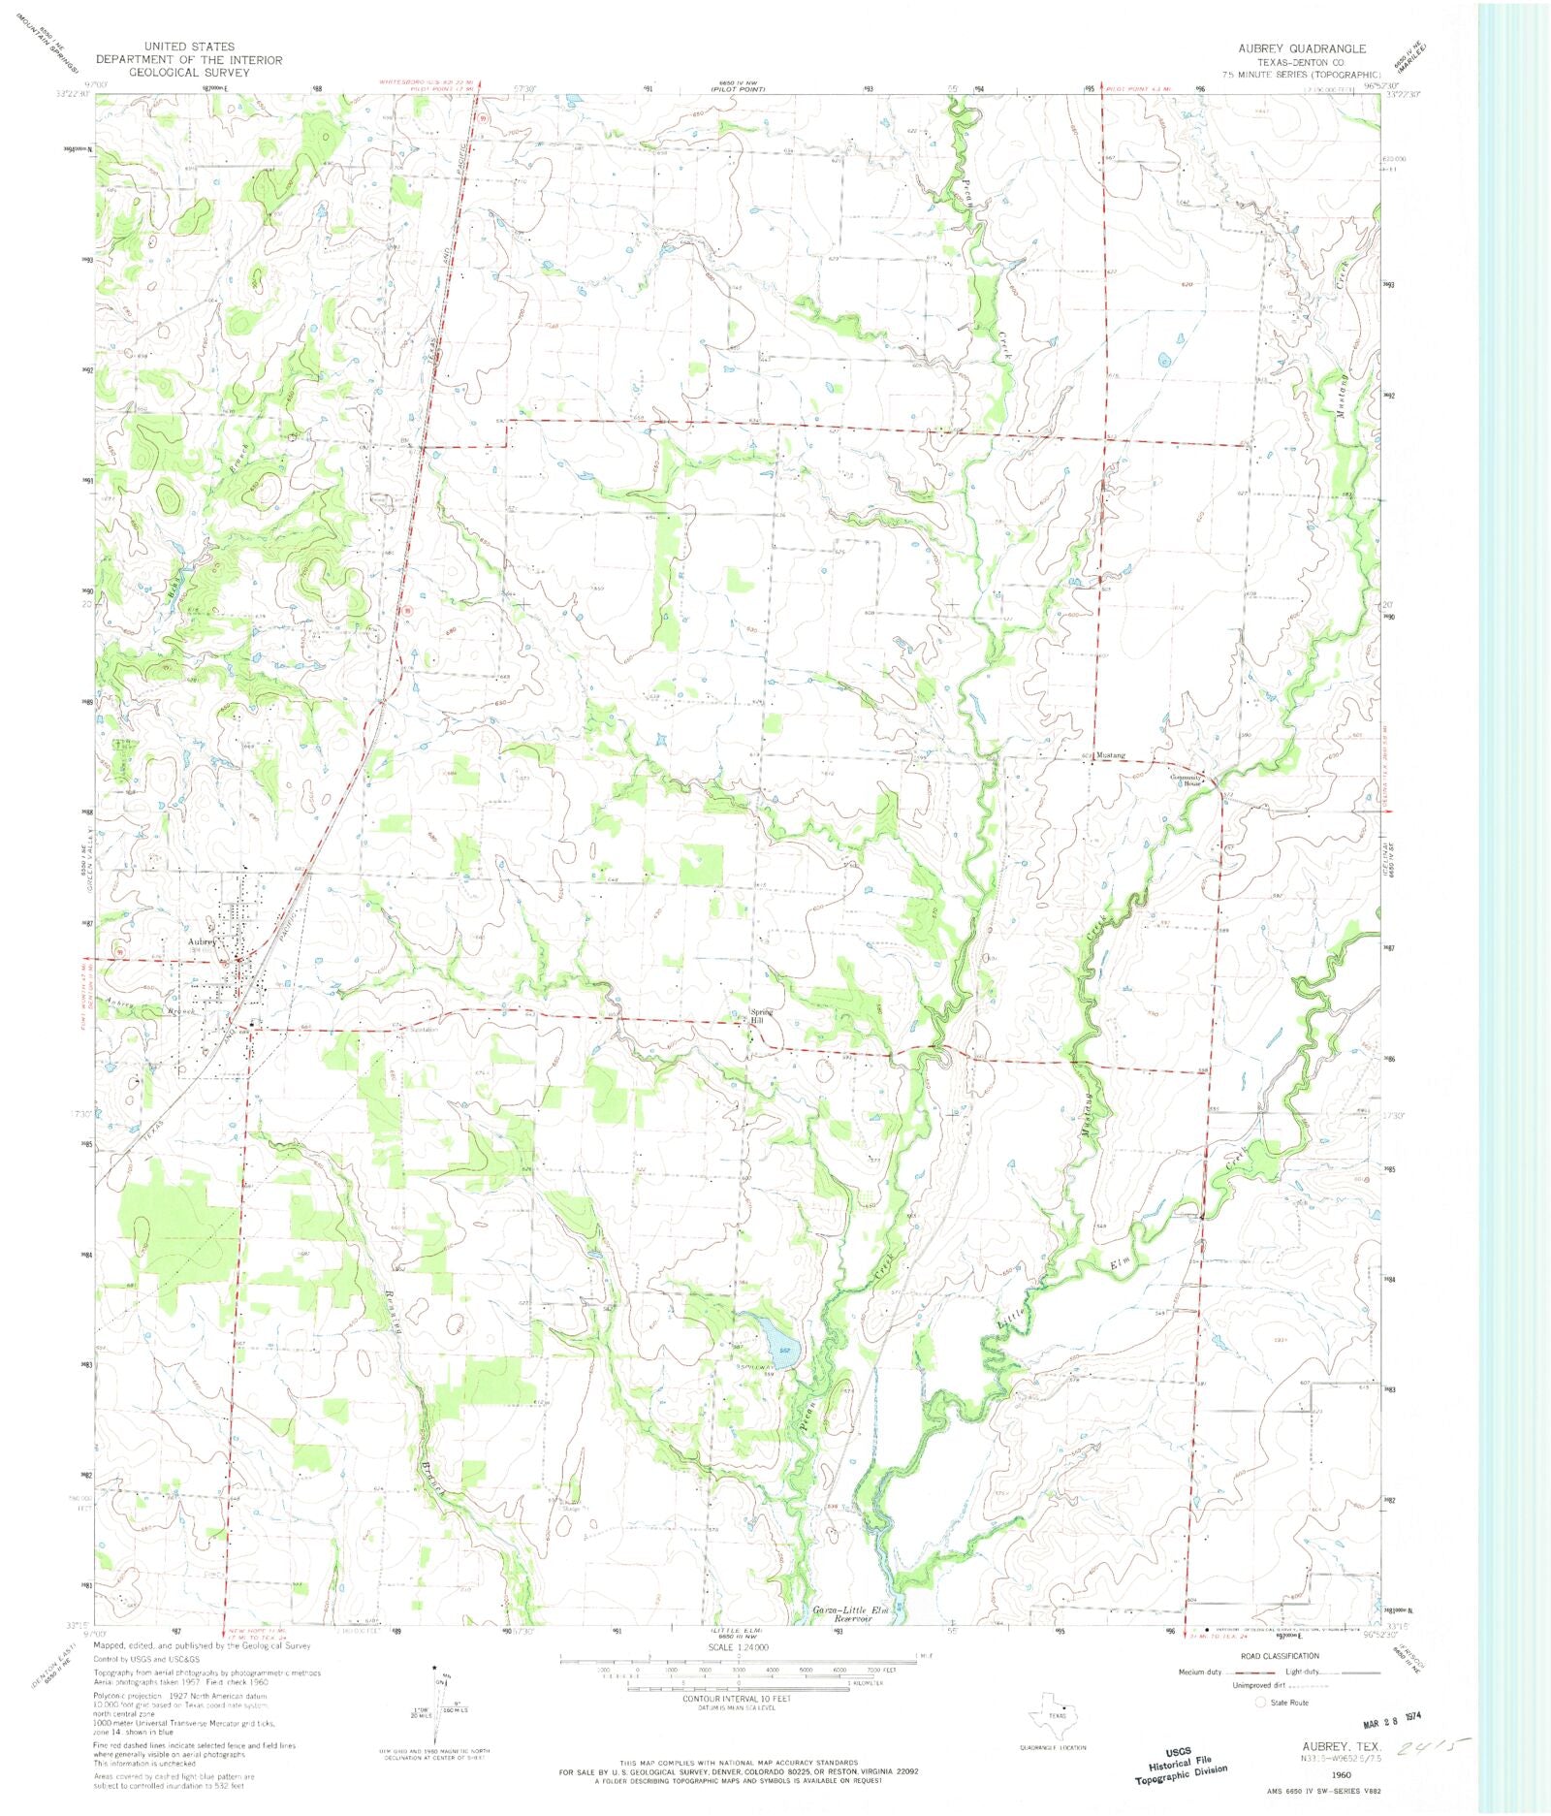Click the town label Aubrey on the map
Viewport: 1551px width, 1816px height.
coord(202,940)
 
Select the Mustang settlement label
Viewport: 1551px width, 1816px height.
coord(1111,754)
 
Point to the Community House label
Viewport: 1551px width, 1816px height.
coord(1186,780)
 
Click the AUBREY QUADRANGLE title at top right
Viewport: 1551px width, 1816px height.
coord(1302,48)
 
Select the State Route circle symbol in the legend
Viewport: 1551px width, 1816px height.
coord(1261,1702)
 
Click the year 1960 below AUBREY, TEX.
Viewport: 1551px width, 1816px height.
coord(1341,1773)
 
